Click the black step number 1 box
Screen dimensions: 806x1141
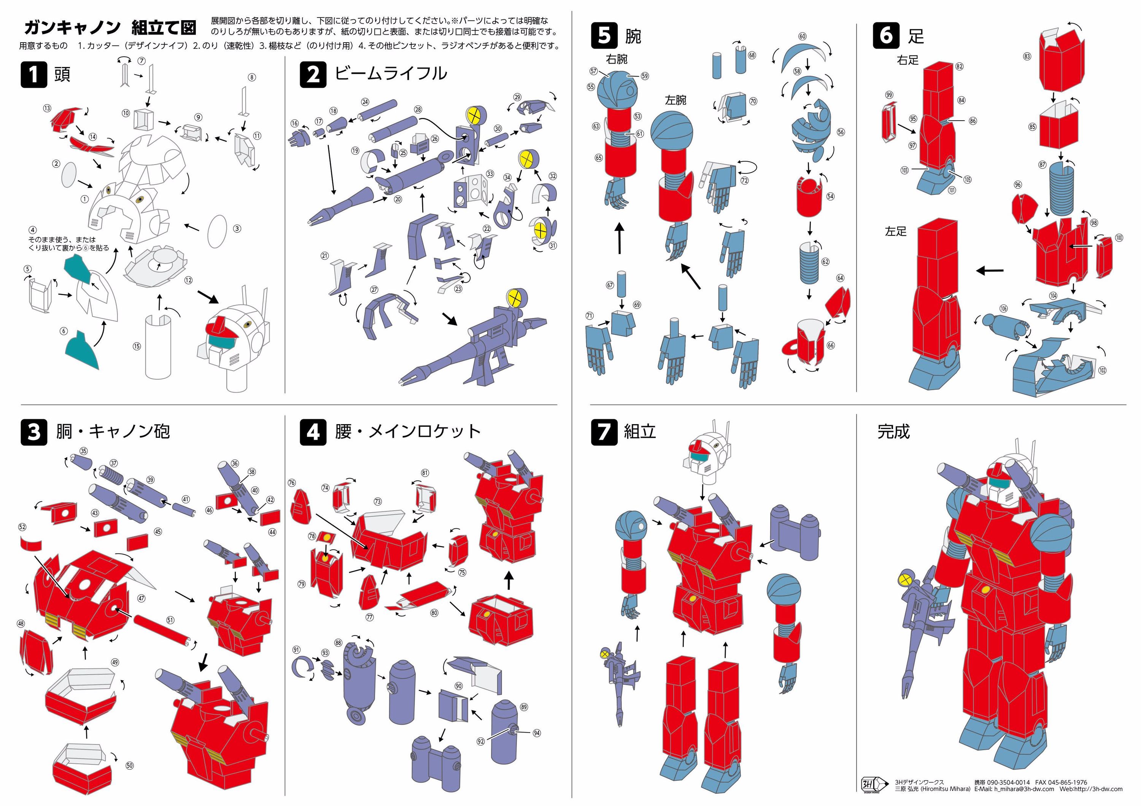pyautogui.click(x=33, y=75)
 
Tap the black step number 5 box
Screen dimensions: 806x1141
pyautogui.click(x=604, y=36)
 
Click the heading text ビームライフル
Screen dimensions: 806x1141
pyautogui.click(x=391, y=73)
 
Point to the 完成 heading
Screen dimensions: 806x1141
pyautogui.click(x=893, y=431)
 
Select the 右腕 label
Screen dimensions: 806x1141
pyautogui.click(x=616, y=59)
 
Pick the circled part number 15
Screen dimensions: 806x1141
pyautogui.click(x=137, y=347)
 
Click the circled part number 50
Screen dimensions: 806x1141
pyautogui.click(x=129, y=766)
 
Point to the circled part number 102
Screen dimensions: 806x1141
pyautogui.click(x=1102, y=370)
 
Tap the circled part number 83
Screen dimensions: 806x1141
pyautogui.click(x=1027, y=57)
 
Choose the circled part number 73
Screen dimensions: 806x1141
pyautogui.click(x=378, y=501)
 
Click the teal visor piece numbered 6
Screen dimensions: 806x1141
pyautogui.click(x=82, y=350)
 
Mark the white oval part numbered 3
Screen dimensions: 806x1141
pyautogui.click(x=217, y=231)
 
